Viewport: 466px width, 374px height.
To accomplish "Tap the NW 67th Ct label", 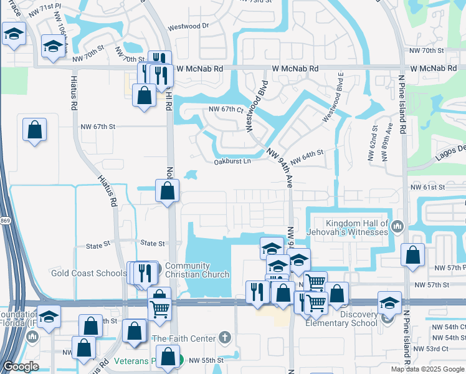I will point(226,109).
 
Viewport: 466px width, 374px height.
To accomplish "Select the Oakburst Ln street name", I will point(232,161).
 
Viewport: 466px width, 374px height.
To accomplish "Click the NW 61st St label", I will point(429,187).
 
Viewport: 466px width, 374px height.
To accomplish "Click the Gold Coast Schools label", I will point(88,273).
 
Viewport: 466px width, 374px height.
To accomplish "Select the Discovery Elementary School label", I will point(341,318).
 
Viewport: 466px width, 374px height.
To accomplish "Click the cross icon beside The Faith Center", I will point(225,338).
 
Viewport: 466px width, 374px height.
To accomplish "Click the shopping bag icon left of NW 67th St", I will point(35,130).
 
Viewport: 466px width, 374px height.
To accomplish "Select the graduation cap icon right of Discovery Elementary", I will point(389,303).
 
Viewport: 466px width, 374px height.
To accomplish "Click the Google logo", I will point(21,367).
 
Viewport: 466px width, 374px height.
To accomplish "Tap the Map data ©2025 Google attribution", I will point(428,369).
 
